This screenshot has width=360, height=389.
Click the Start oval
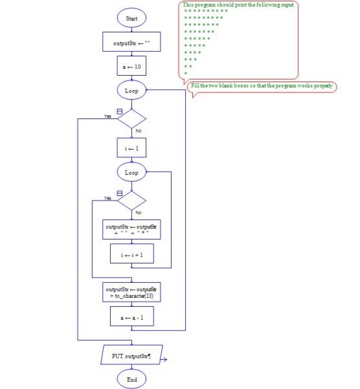[131, 19]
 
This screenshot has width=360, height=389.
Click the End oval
[131, 380]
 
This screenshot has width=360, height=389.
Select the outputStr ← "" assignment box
[131, 42]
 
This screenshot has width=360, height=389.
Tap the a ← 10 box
[131, 67]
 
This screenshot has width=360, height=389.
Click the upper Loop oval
[131, 91]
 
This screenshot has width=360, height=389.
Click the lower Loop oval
[131, 173]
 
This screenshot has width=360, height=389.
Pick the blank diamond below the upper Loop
[131, 119]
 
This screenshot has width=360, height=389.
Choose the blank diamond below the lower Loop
[131, 201]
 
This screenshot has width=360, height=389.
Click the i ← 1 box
[131, 148]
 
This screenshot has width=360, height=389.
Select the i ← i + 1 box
[131, 255]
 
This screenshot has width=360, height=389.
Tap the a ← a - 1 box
[131, 318]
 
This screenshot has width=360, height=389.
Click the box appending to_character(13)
[131, 292]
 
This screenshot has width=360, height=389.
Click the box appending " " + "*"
[131, 230]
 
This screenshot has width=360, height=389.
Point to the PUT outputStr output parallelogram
[131, 355]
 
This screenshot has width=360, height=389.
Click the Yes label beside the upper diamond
[107, 116]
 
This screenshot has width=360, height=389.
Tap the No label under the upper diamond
[138, 131]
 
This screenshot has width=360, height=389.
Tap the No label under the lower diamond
[138, 213]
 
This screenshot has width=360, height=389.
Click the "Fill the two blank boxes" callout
[262, 87]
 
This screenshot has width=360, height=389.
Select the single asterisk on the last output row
[186, 74]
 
